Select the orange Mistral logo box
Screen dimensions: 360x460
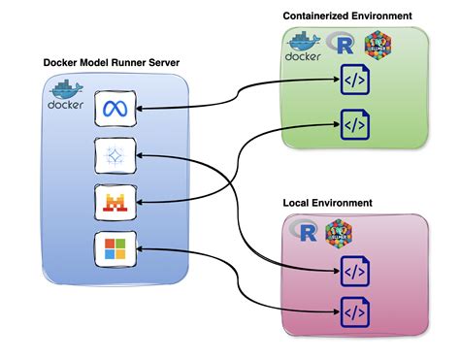(110, 204)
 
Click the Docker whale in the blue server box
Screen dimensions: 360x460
(67, 96)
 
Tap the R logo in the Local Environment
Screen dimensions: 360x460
(309, 232)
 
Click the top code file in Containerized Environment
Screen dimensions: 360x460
(352, 82)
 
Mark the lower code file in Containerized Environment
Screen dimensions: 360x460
(352, 124)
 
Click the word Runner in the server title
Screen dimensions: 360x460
(137, 63)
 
